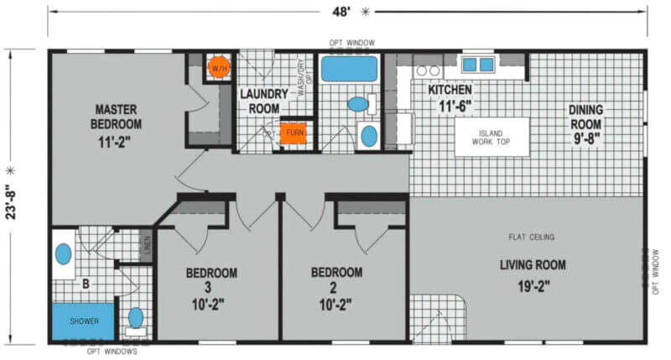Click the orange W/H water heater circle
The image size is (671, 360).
click(219, 68)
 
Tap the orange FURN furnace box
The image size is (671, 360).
click(294, 133)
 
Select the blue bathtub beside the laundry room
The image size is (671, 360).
click(349, 69)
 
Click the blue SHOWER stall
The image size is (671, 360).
click(83, 321)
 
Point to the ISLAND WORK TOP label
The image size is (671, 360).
click(491, 138)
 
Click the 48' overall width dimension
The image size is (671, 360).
click(341, 12)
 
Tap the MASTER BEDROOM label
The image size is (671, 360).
click(116, 117)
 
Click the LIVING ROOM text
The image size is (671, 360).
click(533, 265)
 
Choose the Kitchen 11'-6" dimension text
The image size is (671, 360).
click(455, 106)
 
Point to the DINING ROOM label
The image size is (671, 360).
click(585, 117)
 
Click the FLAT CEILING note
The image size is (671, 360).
click(532, 237)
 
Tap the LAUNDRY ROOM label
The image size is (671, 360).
click(264, 101)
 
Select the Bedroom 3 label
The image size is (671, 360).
click(211, 280)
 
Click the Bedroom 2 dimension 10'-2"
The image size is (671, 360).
click(335, 305)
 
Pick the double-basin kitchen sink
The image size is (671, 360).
click(478, 65)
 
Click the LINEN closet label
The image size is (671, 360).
click(148, 246)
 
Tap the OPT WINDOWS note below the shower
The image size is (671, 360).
click(112, 352)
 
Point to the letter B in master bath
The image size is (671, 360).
click(86, 284)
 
